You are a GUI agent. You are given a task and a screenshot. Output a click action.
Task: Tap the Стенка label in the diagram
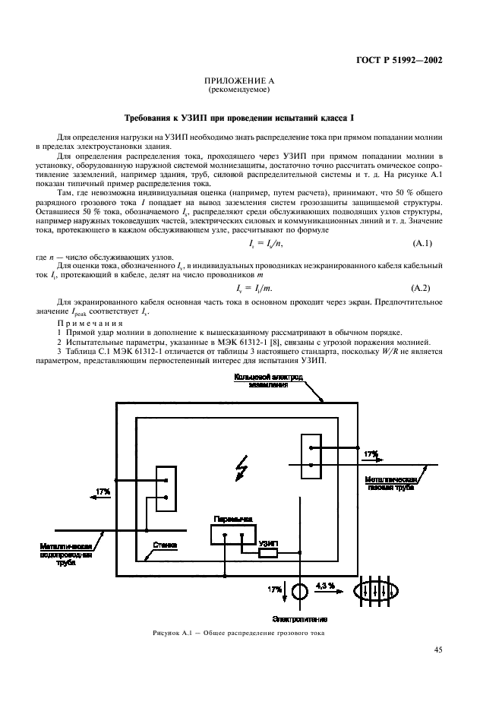pos(165,544)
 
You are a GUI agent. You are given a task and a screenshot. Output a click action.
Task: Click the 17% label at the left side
pos(103,492)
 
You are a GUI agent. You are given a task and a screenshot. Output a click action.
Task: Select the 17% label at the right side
pos(371,454)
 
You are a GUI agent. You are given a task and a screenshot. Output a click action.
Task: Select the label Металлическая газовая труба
pos(392,485)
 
